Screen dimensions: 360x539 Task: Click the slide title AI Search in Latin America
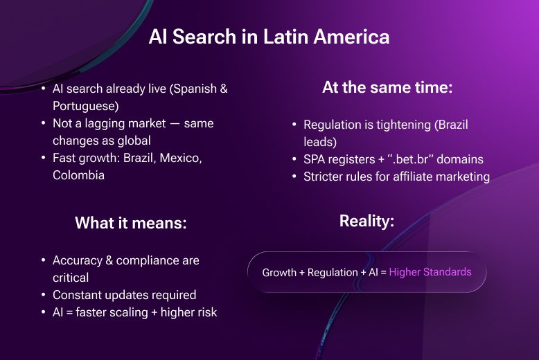269,37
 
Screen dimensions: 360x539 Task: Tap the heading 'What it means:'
131,223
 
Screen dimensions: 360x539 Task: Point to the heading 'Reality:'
366,221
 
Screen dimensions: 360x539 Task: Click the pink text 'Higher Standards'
430,272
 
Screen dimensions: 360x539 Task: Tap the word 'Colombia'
78,175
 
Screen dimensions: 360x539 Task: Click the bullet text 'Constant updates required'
124,295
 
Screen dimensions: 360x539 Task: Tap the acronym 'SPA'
316,160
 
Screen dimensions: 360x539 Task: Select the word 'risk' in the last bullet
204,312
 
